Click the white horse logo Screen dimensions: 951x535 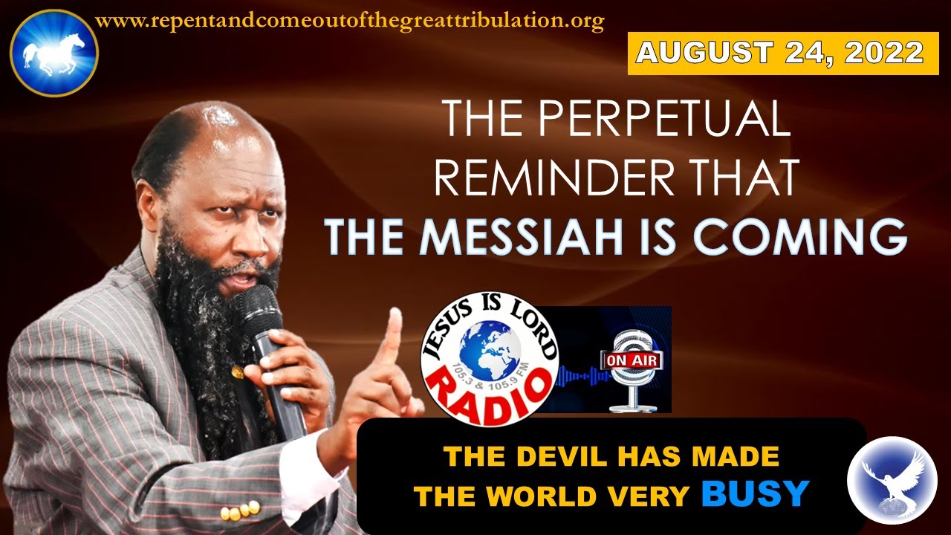(x=54, y=53)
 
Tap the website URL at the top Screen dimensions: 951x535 (x=349, y=22)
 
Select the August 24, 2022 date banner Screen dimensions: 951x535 (x=783, y=53)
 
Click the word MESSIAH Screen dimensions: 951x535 (x=521, y=237)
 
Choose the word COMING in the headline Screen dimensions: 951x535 (x=800, y=237)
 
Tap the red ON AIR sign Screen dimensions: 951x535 (x=632, y=360)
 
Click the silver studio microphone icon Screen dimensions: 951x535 (x=633, y=370)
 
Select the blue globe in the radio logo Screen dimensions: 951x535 (x=490, y=351)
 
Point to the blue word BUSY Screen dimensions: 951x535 (x=755, y=493)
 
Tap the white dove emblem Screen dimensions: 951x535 (x=892, y=480)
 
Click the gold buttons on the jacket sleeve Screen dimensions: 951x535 (x=240, y=510)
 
